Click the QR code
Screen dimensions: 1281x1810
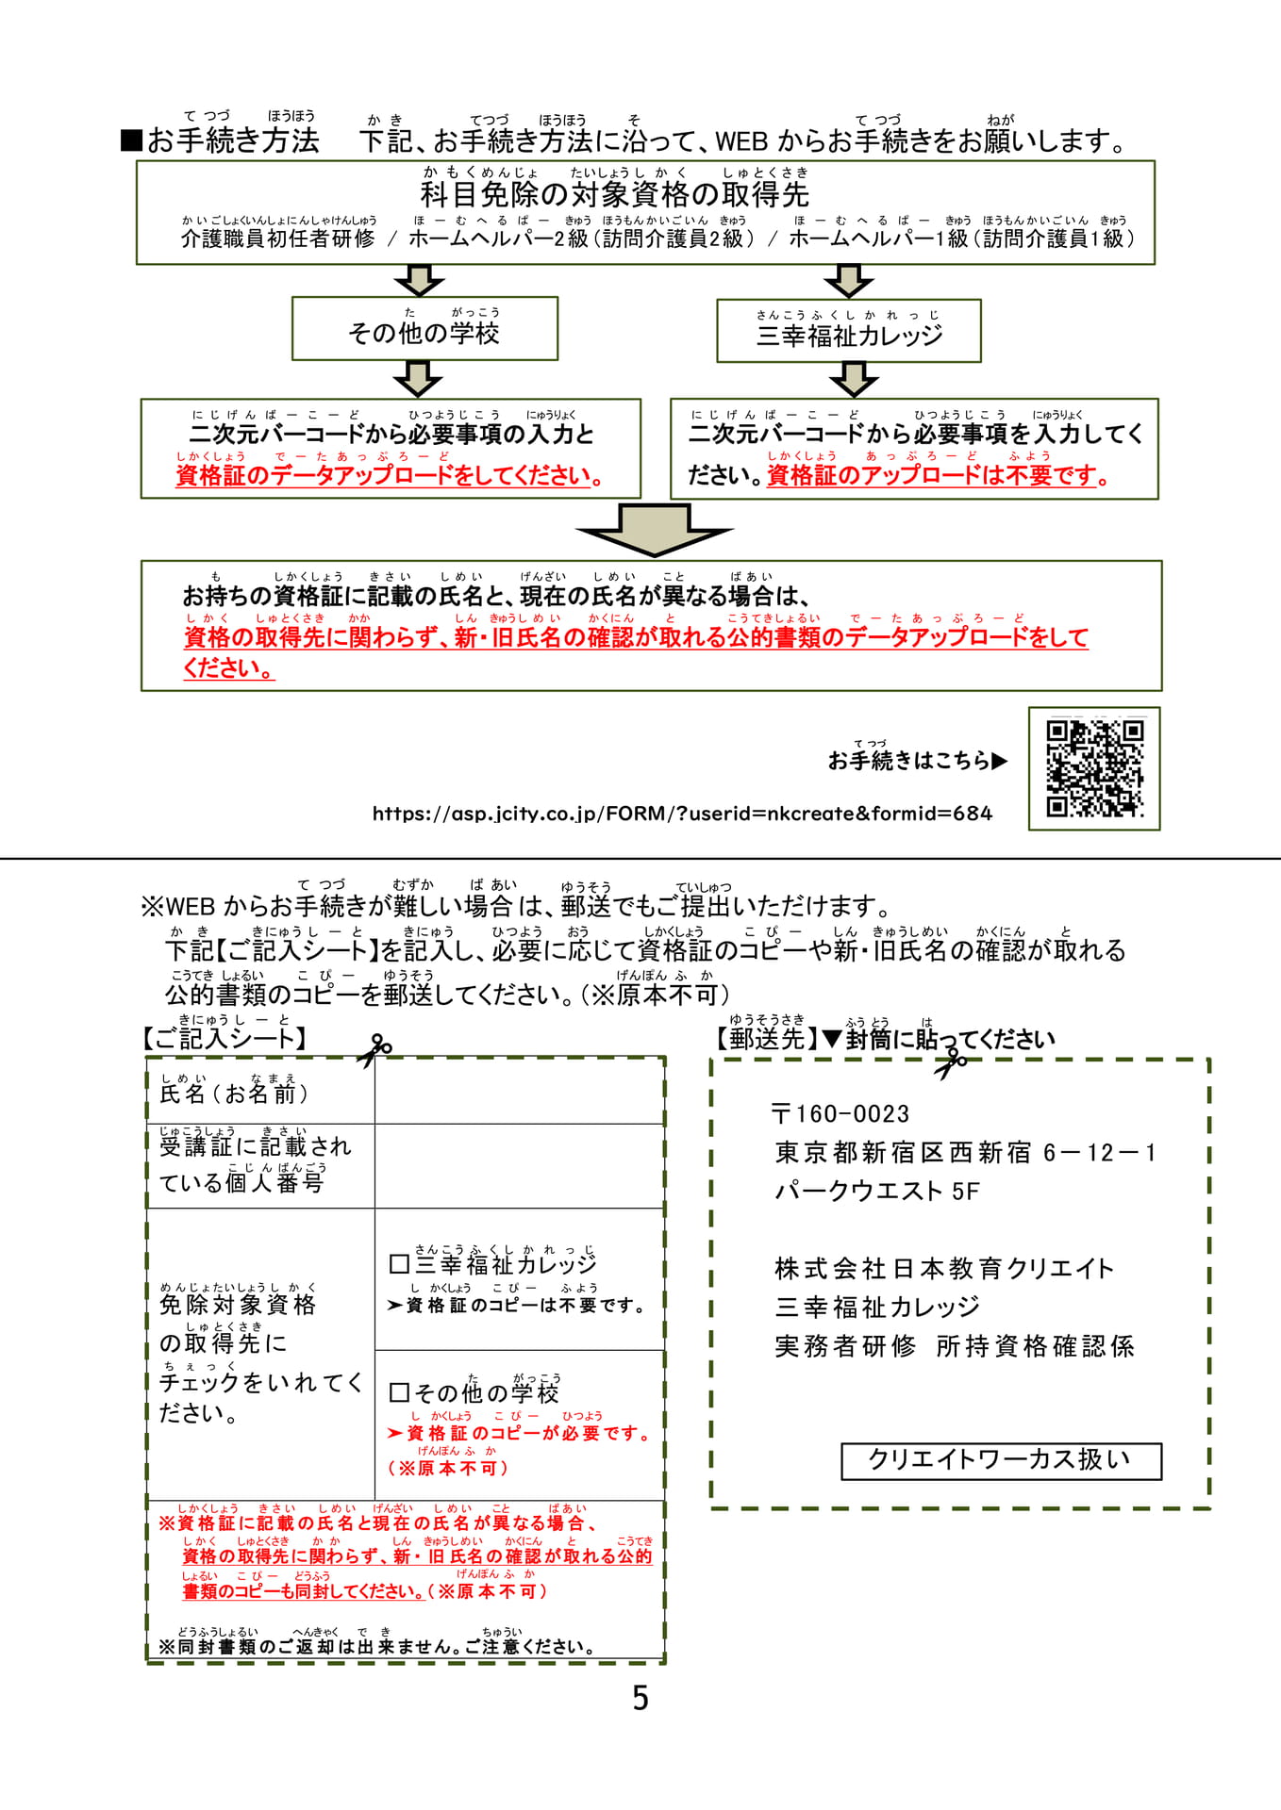pos(1094,768)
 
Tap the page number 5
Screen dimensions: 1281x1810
pos(640,1699)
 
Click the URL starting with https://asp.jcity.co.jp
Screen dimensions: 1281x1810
pos(682,813)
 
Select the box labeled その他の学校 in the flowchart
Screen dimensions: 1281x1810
pos(424,328)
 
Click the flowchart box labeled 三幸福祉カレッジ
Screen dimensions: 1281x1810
pos(849,331)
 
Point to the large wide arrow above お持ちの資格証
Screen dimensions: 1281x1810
pos(655,529)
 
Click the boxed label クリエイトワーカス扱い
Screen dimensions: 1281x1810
pos(1001,1460)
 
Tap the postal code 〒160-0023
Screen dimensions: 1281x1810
pos(840,1114)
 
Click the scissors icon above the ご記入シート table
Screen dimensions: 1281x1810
pos(374,1050)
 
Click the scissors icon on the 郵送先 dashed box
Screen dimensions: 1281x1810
pos(951,1062)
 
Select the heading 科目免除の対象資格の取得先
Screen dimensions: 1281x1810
pos(615,194)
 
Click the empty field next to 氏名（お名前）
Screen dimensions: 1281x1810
pos(520,1091)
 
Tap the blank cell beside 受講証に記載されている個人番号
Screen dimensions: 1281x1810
pos(520,1166)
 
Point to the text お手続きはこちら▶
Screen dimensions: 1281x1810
pos(918,760)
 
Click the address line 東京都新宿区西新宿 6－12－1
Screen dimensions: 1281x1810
pos(965,1153)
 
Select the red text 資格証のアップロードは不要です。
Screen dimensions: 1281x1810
pos(939,475)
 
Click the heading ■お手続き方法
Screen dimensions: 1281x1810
pos(221,140)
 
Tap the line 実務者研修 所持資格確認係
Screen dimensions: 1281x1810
pos(954,1346)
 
